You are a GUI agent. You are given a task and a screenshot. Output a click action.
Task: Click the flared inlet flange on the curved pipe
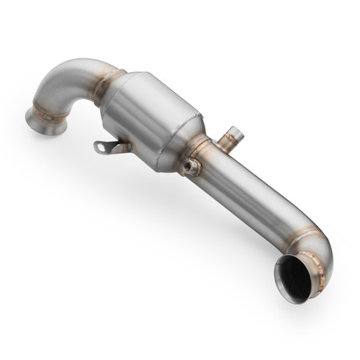tap(42, 120)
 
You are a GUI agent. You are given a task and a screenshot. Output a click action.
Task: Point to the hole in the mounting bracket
tap(100, 146)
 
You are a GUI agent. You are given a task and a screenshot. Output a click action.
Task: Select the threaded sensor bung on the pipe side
tap(191, 166)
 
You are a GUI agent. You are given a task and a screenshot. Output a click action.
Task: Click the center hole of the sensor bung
tap(190, 166)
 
